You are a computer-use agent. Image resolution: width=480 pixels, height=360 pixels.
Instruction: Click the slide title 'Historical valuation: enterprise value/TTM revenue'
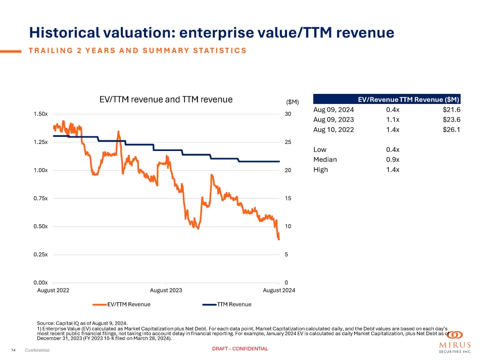(211, 33)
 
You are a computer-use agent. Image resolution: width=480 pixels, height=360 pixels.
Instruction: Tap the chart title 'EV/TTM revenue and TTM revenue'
(166, 99)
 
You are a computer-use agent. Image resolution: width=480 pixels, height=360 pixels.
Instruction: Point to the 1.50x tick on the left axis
(40, 114)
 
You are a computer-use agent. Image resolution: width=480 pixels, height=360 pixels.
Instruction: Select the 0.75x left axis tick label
(40, 198)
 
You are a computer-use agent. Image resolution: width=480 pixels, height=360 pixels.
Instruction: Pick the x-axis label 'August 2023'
(166, 290)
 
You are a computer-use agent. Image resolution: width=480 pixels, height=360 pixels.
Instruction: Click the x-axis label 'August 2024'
(279, 290)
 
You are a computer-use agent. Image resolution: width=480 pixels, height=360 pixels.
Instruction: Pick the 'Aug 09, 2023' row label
(333, 120)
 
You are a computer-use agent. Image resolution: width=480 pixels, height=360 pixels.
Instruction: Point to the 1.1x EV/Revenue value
(393, 120)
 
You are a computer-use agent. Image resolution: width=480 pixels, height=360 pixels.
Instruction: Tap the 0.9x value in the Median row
(393, 160)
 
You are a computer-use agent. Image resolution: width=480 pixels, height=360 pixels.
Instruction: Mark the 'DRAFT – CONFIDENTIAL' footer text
(240, 349)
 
